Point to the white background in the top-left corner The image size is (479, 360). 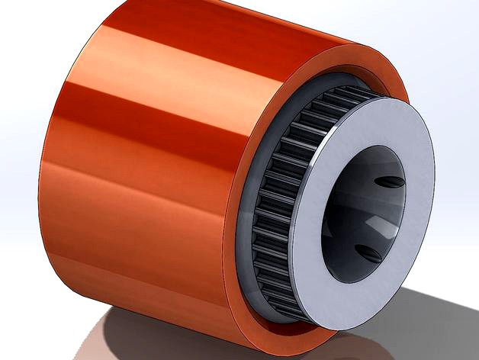31,23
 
